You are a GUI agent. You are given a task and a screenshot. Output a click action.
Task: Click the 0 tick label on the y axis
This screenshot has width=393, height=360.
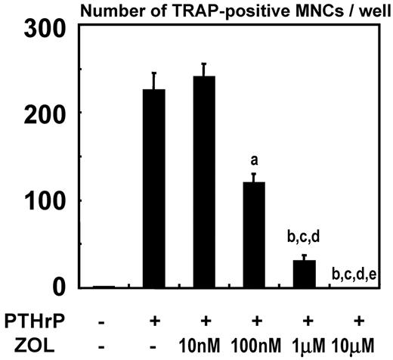tap(64, 287)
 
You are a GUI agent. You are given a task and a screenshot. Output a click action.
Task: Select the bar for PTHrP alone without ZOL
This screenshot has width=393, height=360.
tap(154, 188)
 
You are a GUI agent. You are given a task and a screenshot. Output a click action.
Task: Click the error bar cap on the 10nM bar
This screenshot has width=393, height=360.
tap(204, 64)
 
